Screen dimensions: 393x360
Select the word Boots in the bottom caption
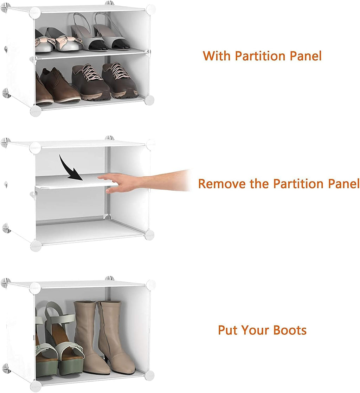(x=290, y=330)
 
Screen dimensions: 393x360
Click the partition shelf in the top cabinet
(x=91, y=54)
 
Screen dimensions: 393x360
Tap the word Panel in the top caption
(x=306, y=56)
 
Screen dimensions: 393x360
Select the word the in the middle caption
(x=260, y=184)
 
